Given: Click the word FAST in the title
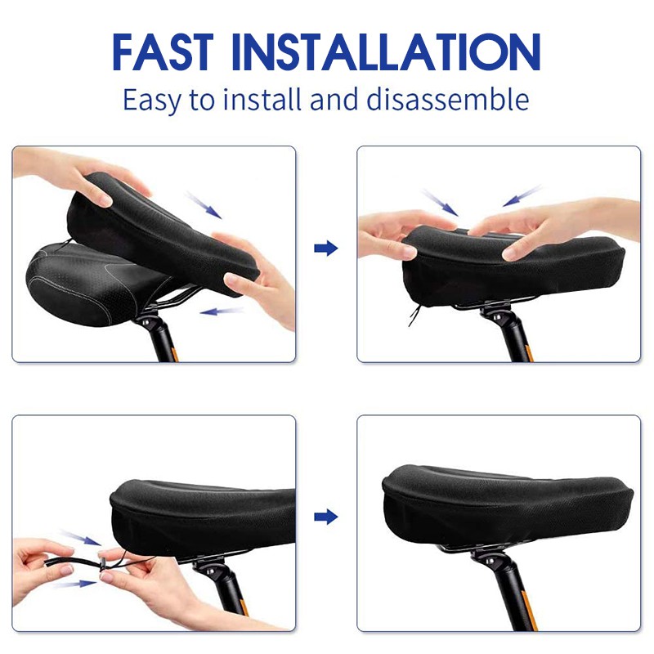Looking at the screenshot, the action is point(163,52).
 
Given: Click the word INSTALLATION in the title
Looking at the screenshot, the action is point(386,52).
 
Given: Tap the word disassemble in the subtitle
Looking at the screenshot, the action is point(448,99).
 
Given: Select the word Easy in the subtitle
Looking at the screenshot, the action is point(152,101).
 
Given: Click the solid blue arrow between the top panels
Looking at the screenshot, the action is point(325,249).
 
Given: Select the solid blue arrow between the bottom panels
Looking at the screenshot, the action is point(325,517).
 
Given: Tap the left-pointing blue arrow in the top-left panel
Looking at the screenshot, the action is point(222,311).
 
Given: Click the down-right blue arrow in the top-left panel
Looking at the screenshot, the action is point(204,205).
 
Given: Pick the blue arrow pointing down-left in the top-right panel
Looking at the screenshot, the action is point(522,196).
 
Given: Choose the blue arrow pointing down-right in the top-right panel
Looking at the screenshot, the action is point(441,203).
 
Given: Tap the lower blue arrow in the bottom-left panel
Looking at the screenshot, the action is point(75,584).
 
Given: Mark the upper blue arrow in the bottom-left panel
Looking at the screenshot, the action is point(81,538).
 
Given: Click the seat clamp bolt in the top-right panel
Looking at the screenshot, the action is point(498,317).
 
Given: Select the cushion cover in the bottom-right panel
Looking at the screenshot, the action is point(508,504).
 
